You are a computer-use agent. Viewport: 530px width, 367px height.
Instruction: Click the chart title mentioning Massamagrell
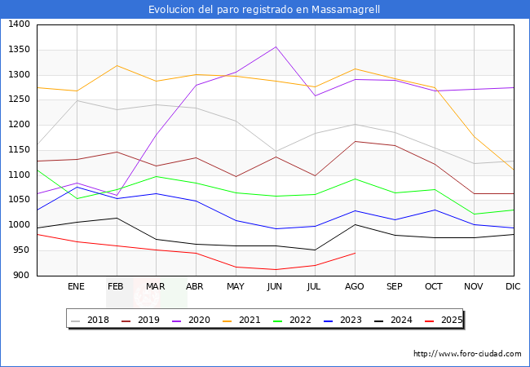click(x=264, y=10)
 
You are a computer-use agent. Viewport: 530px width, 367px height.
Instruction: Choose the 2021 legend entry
click(x=250, y=320)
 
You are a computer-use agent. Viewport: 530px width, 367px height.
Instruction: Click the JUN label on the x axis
click(x=275, y=287)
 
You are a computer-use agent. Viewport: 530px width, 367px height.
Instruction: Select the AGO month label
click(x=355, y=287)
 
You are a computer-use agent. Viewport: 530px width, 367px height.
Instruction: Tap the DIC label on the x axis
click(x=513, y=287)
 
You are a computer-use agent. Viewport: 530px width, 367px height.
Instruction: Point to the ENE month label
click(x=76, y=287)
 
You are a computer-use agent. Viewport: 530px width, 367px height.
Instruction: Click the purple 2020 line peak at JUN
click(x=276, y=46)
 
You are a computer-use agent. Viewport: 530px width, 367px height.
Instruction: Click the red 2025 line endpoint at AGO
click(x=355, y=253)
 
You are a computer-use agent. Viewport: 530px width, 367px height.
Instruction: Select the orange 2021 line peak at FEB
click(x=117, y=65)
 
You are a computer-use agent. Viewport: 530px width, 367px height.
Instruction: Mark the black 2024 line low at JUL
click(x=315, y=250)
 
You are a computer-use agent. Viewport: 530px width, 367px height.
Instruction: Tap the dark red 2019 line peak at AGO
click(x=355, y=141)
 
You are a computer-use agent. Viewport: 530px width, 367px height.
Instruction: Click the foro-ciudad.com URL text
click(x=467, y=354)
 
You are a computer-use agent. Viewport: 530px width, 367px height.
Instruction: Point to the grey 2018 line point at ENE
click(x=77, y=100)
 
